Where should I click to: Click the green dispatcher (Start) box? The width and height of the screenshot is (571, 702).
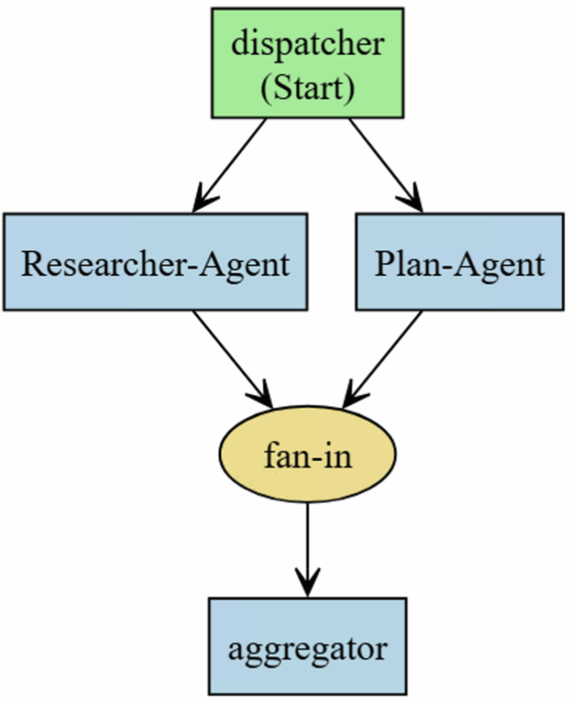307,62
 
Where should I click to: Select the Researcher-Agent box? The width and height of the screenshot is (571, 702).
155,262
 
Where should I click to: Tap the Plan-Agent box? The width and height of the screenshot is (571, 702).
459,262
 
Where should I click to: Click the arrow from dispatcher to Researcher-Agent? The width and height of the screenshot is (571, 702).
231,164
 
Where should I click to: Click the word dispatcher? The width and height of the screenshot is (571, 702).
307,44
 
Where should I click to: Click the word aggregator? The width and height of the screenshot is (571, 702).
307,649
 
